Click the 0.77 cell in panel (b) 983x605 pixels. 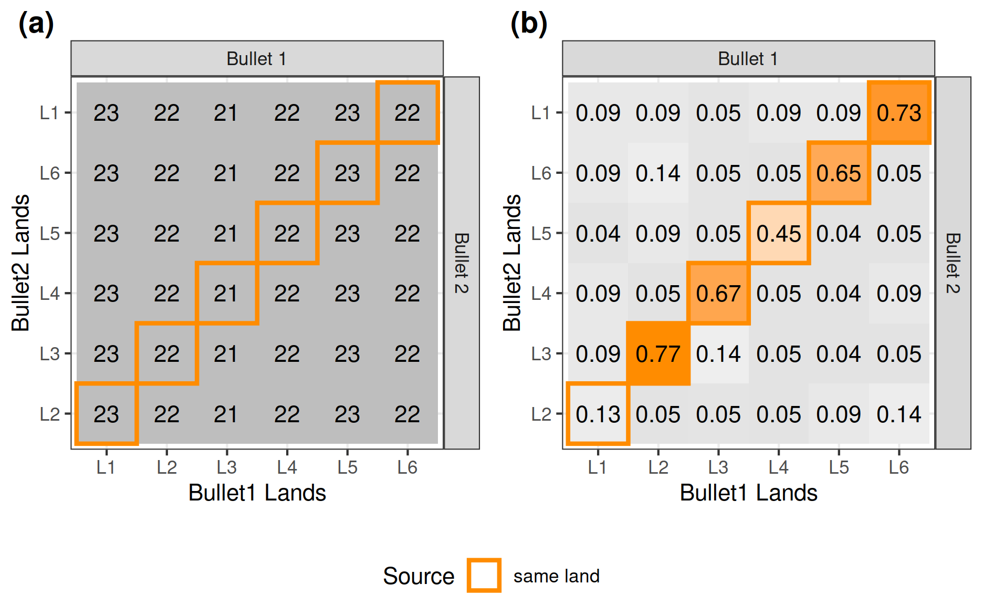tap(658, 354)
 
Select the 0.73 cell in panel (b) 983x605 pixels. tap(899, 113)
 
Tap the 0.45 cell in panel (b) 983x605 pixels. tap(779, 234)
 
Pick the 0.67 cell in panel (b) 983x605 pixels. tap(718, 294)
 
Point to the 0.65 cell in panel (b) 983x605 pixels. tap(839, 173)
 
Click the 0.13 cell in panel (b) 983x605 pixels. tap(598, 414)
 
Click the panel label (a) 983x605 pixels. tap(36, 24)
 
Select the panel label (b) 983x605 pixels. tap(528, 24)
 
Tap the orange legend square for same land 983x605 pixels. tap(484, 576)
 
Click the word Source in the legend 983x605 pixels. tap(418, 576)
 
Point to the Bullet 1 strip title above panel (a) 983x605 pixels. tap(257, 59)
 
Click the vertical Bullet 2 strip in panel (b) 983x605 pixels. tap(953, 263)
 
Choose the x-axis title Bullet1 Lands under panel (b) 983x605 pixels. tap(748, 493)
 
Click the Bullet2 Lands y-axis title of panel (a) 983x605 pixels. tap(20, 263)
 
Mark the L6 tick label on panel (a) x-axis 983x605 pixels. tap(407, 467)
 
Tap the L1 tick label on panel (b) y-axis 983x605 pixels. tap(540, 113)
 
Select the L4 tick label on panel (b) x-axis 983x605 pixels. tap(778, 467)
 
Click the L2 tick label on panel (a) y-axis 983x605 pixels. tap(49, 414)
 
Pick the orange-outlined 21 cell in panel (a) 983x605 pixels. tap(226, 294)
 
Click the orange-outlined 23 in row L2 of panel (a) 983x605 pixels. tap(106, 414)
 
